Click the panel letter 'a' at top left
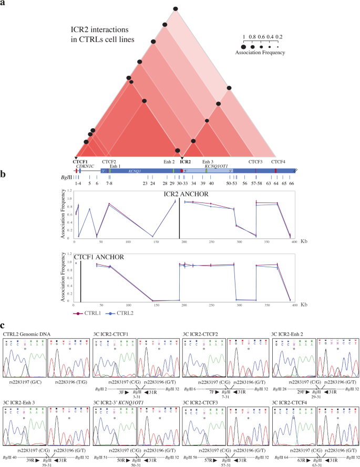point(4,4)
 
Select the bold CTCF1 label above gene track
point(80,162)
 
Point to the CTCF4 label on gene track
point(280,162)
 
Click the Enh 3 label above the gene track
point(207,162)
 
